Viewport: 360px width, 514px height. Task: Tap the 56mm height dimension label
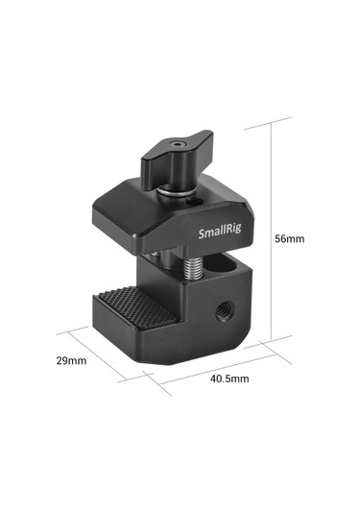coord(291,237)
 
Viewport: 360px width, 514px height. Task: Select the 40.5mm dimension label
coord(230,379)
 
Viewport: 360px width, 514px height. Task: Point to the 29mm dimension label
coord(71,361)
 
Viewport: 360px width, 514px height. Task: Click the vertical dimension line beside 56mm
coord(278,231)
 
